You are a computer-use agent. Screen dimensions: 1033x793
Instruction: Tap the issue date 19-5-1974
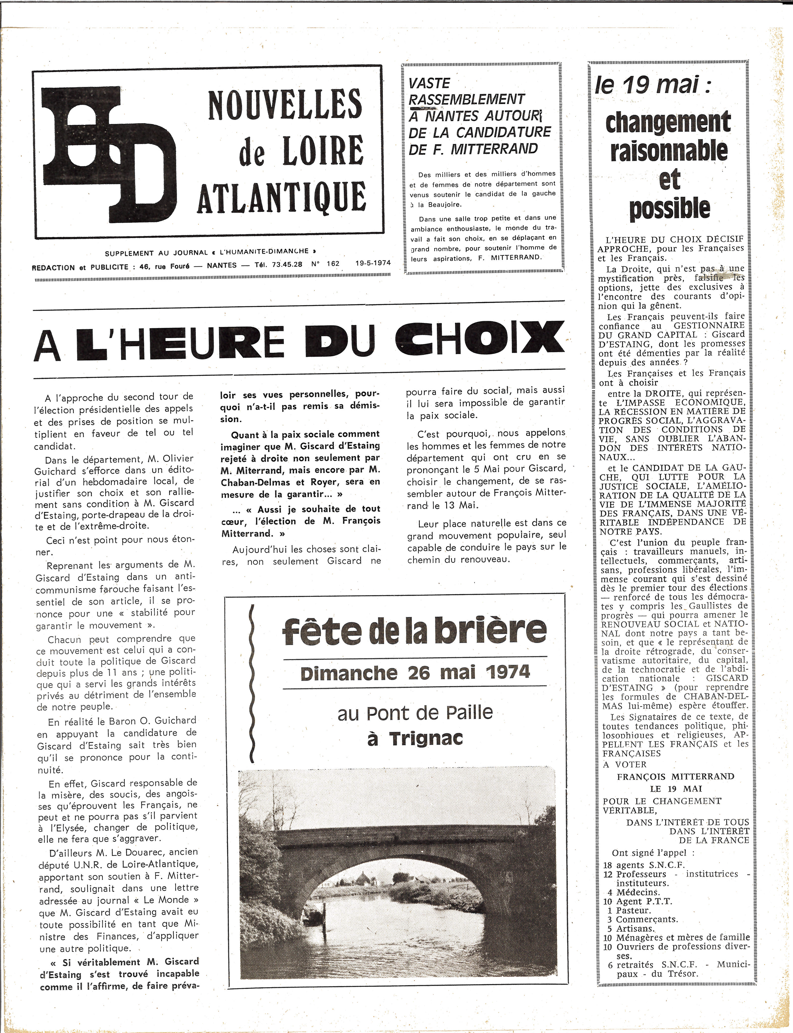[x=373, y=263]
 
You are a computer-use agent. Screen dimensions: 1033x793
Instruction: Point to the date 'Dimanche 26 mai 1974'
[x=414, y=672]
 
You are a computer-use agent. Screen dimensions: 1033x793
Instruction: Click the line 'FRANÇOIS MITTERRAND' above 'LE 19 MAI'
[x=675, y=777]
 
